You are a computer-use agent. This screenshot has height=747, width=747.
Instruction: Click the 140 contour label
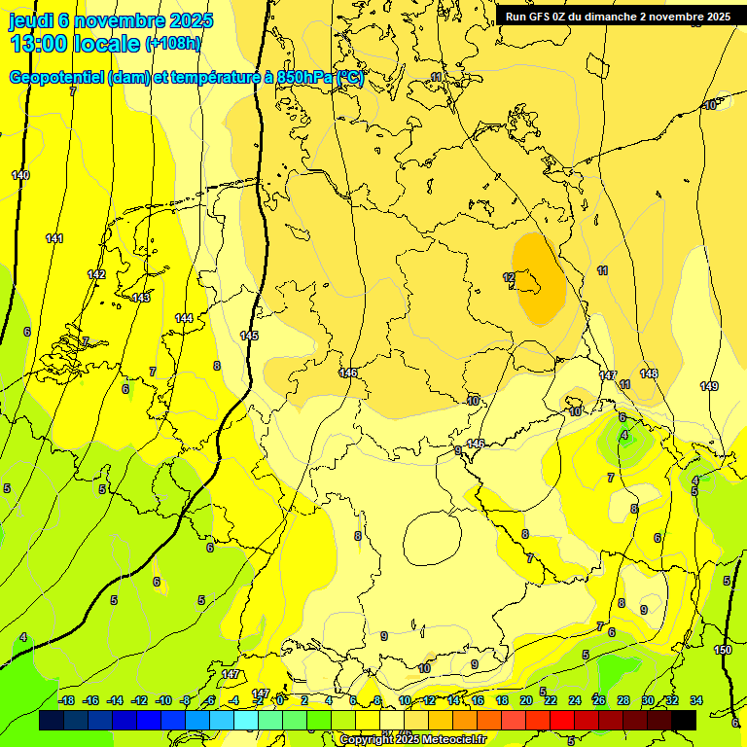(x=20, y=175)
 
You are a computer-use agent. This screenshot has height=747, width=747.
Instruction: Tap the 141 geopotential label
(x=54, y=238)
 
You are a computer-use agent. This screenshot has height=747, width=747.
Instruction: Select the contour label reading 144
(x=184, y=318)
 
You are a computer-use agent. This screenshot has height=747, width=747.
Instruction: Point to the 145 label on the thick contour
(x=249, y=336)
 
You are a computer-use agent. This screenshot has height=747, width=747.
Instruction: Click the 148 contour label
(x=649, y=373)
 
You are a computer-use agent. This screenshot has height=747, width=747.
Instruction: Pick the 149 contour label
(x=709, y=387)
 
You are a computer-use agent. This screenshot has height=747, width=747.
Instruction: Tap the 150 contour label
(x=723, y=650)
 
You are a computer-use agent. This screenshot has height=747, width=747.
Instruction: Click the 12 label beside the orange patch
(x=509, y=278)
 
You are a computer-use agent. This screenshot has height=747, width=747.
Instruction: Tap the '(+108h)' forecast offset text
(x=173, y=44)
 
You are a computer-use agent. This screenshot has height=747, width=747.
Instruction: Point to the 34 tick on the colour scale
(x=696, y=700)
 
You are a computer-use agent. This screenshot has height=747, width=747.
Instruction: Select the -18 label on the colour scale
(x=66, y=700)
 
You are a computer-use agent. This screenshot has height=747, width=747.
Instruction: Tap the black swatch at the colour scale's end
(x=684, y=720)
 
